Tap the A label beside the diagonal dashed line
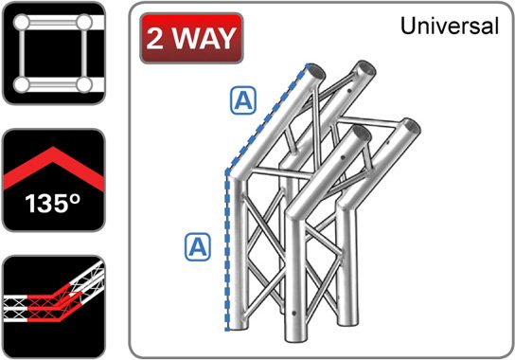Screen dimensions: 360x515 [242, 101]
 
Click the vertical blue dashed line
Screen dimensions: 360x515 [226, 251]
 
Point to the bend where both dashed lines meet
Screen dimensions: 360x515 [226, 172]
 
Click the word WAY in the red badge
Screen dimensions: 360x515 [203, 40]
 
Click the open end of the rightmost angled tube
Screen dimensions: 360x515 [411, 125]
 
